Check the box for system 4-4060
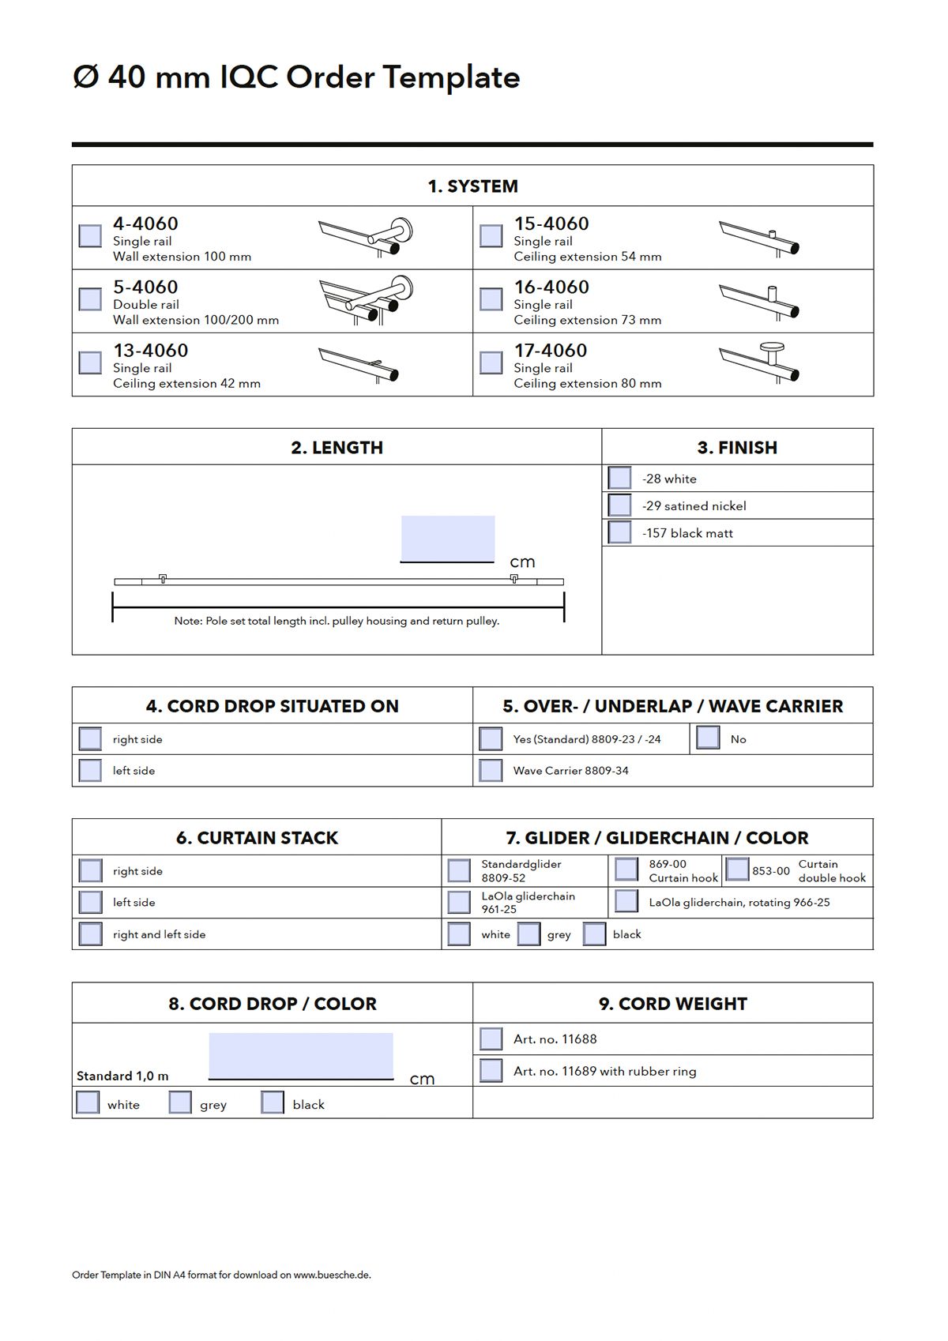point(90,236)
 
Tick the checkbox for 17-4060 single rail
point(491,362)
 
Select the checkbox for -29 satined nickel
point(619,505)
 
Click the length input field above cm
point(448,539)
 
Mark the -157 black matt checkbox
point(619,532)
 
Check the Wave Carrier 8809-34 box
point(491,770)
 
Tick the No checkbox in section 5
point(708,738)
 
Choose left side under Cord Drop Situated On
point(90,770)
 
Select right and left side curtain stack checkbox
point(90,934)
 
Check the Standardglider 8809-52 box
point(459,870)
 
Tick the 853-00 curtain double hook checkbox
point(737,870)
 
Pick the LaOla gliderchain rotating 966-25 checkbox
point(626,901)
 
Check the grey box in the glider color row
point(529,934)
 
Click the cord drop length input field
point(301,1056)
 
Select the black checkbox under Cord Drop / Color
point(273,1102)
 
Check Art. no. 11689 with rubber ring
point(491,1070)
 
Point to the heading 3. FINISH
point(737,448)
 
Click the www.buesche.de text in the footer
point(332,1275)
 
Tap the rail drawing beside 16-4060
point(759,301)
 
